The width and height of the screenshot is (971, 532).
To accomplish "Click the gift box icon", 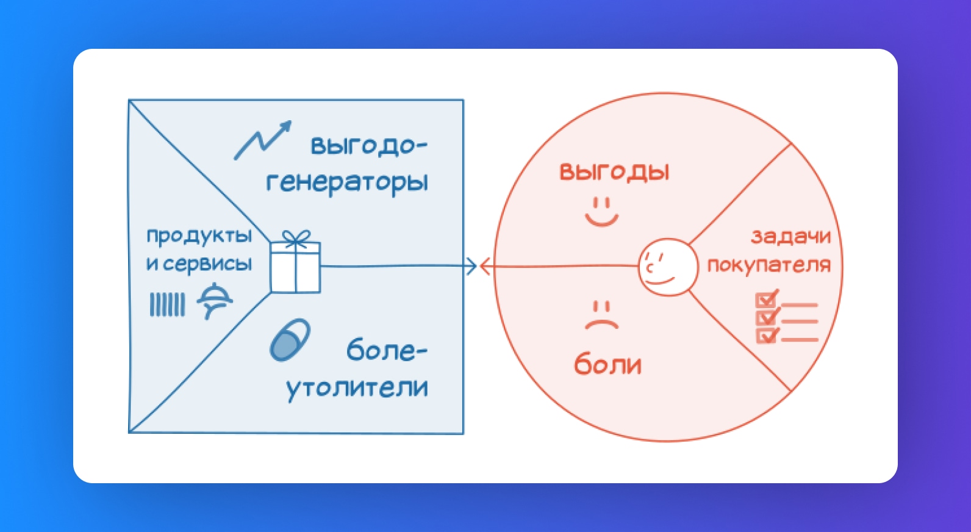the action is click(x=295, y=262).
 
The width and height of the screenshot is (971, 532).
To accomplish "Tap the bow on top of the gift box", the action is click(x=296, y=237).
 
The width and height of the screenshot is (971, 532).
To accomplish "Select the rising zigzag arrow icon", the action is click(x=263, y=140).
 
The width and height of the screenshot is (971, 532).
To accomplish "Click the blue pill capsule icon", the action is click(x=290, y=340).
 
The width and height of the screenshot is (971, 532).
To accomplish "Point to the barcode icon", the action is click(x=167, y=304).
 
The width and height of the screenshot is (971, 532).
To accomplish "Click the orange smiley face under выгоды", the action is click(x=601, y=212).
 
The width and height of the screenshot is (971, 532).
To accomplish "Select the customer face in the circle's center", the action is click(x=668, y=267).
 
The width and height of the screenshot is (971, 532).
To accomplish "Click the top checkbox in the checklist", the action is click(x=767, y=299).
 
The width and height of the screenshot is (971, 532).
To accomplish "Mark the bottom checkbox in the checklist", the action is click(x=767, y=335).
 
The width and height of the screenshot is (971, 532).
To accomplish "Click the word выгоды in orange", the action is click(x=614, y=172).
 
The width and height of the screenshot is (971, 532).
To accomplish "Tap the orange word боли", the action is click(x=607, y=364).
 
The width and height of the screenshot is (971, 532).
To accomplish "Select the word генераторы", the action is click(x=347, y=182).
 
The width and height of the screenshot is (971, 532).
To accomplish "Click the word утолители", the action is click(x=357, y=387).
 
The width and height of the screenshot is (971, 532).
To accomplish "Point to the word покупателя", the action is click(x=769, y=265).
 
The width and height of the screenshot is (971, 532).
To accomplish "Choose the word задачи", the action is click(x=790, y=237).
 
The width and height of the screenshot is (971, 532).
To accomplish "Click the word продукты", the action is click(x=199, y=236).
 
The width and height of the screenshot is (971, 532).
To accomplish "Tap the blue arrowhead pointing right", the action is click(x=471, y=266).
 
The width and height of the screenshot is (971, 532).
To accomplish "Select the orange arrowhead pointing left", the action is click(x=486, y=266).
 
